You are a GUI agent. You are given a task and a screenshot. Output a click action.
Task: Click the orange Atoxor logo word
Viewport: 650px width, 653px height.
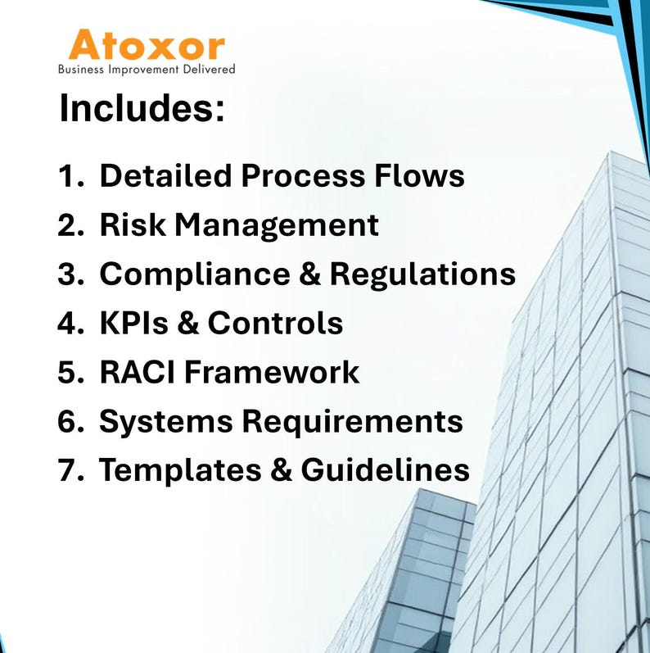point(147,45)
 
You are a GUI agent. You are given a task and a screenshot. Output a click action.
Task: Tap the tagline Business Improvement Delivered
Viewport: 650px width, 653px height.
point(147,70)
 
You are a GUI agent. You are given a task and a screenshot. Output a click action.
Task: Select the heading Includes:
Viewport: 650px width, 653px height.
point(142,109)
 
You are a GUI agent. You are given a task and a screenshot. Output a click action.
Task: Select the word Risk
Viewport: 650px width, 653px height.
point(128,225)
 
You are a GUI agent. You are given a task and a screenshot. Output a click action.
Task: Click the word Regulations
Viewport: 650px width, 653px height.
point(422,275)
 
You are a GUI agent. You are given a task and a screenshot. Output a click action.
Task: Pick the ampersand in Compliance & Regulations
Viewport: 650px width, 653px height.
point(309,275)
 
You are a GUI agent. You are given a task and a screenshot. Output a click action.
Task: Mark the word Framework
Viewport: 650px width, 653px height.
point(271,372)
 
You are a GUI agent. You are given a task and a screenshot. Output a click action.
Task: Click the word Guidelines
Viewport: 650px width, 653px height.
point(385,470)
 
